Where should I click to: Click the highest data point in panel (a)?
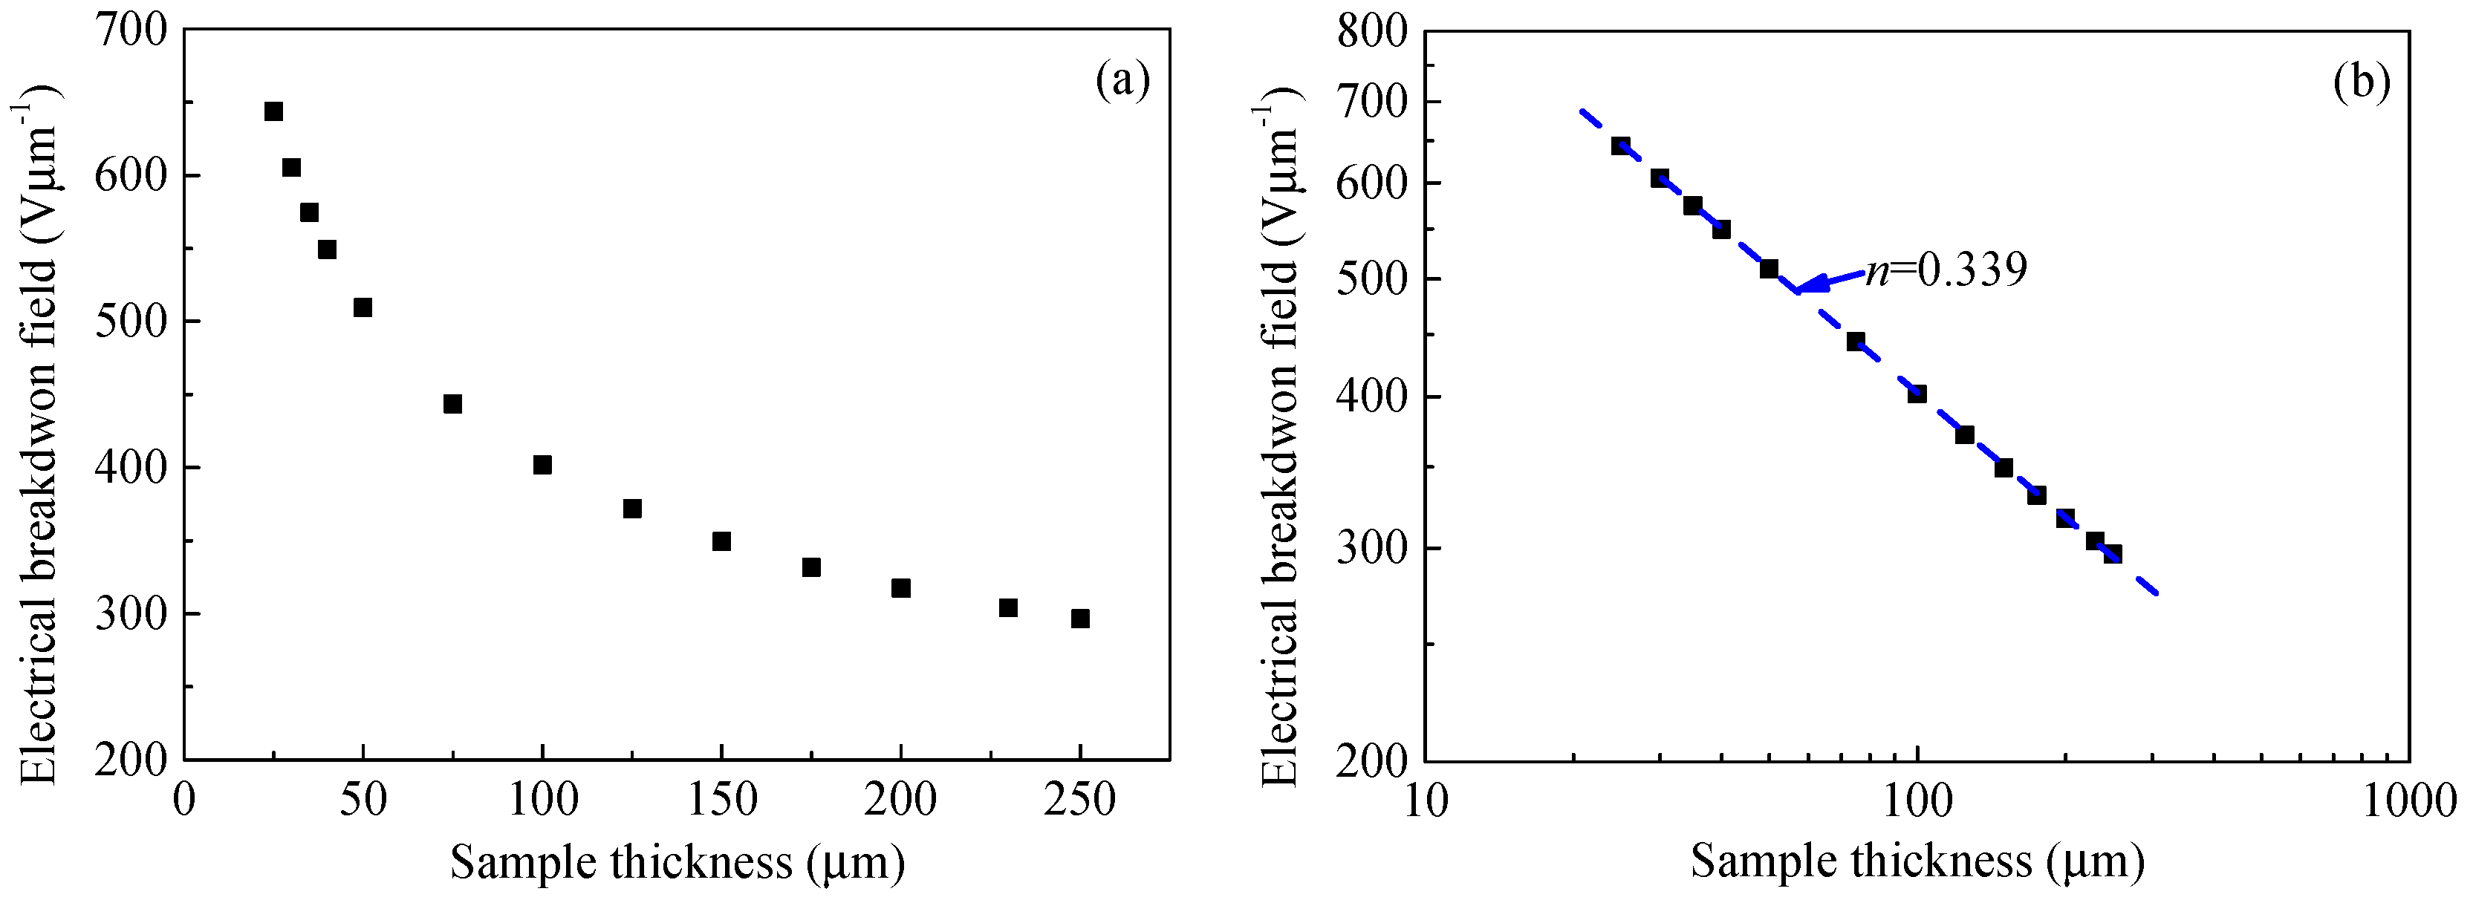coord(273,111)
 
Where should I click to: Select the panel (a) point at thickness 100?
coord(542,464)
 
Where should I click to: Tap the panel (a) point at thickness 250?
coord(1080,619)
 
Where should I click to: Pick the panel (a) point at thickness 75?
coord(452,404)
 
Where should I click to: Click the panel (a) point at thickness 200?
coord(900,588)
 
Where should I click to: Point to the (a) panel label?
coord(1122,81)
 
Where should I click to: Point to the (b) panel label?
coord(2361,82)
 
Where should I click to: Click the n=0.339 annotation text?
coord(1946,270)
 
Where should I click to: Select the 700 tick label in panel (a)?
coord(131,30)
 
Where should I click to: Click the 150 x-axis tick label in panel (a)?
coord(721,799)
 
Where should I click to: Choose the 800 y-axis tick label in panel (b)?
coord(1372,33)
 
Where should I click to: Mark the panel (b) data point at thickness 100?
coord(1917,394)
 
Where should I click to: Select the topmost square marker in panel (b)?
coord(1620,146)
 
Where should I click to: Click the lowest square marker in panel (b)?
coord(2112,554)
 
